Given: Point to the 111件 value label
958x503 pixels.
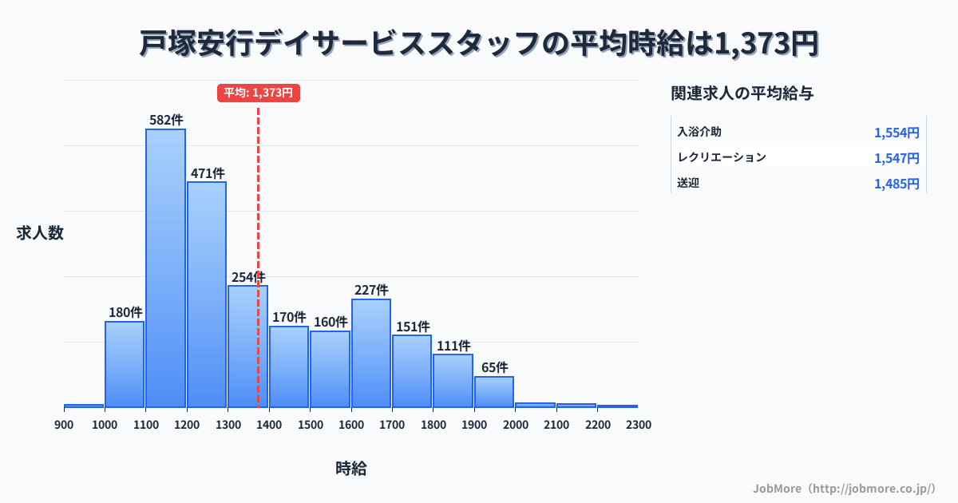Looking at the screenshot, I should pyautogui.click(x=453, y=346).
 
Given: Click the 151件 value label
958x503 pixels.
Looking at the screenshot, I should pyautogui.click(x=412, y=327).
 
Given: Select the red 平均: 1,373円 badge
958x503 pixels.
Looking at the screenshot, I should pyautogui.click(x=258, y=93).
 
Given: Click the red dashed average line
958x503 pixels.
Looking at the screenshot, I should pyautogui.click(x=258, y=200).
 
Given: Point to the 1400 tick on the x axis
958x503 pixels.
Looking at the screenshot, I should pyautogui.click(x=269, y=425).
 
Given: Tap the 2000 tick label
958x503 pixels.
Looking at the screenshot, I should pyautogui.click(x=516, y=425).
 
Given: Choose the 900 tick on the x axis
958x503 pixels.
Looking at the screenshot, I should pyautogui.click(x=64, y=425).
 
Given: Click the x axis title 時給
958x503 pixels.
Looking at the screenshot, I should pyautogui.click(x=351, y=469).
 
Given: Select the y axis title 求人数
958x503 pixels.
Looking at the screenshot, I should pyautogui.click(x=40, y=233).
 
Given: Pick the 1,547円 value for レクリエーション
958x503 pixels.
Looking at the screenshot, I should pyautogui.click(x=897, y=158).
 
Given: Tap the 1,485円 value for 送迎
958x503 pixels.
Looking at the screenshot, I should pyautogui.click(x=897, y=184).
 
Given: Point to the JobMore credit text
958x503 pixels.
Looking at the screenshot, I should pyautogui.click(x=844, y=488).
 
